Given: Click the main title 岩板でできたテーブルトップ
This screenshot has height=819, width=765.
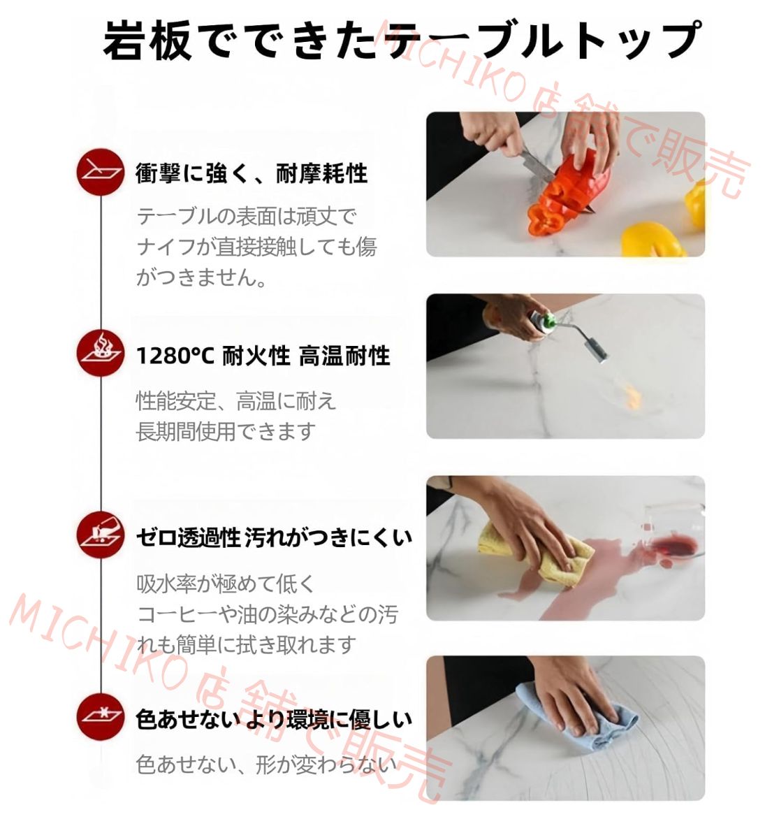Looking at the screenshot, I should tap(401, 40).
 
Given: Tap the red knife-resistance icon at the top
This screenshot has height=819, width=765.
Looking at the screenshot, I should tap(101, 172).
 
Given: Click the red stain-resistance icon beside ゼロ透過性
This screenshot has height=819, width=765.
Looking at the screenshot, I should tap(101, 535).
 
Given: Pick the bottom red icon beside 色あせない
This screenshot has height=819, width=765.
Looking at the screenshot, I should tap(101, 717).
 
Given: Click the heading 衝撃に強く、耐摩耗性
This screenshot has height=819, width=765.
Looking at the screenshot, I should tap(252, 173).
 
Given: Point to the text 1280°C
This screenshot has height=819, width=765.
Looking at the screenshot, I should tap(175, 356).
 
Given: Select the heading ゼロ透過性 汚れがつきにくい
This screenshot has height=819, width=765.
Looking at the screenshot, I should tap(273, 537).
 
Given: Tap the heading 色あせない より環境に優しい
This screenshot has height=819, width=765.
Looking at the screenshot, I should tap(273, 718).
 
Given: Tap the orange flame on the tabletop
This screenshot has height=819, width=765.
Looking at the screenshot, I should tap(633, 398).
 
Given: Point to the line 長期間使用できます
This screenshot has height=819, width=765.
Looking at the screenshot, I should tap(226, 431).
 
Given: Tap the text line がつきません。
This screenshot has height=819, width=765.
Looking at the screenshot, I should tap(201, 277).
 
